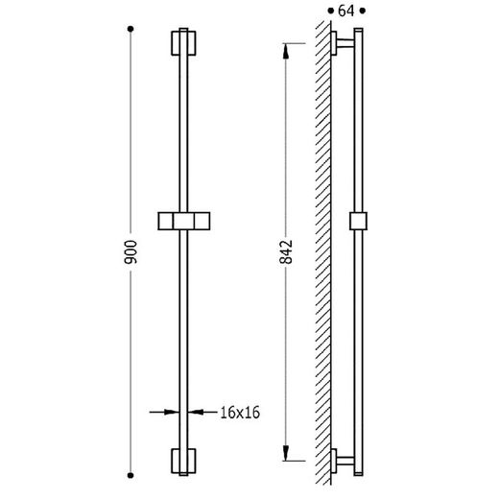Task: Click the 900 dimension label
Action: pyautogui.click(x=131, y=252)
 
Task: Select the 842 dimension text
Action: pyautogui.click(x=286, y=252)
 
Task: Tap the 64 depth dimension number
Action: pyautogui.click(x=346, y=12)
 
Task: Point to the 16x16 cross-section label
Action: pyautogui.click(x=240, y=413)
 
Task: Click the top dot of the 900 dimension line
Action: pyautogui.click(x=131, y=29)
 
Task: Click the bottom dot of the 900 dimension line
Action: pyautogui.click(x=131, y=475)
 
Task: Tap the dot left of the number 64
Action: pyautogui.click(x=331, y=12)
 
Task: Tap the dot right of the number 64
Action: pyautogui.click(x=363, y=12)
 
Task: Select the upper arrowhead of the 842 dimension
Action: pyautogui.click(x=286, y=51)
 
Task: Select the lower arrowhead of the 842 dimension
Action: pyautogui.click(x=286, y=453)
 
